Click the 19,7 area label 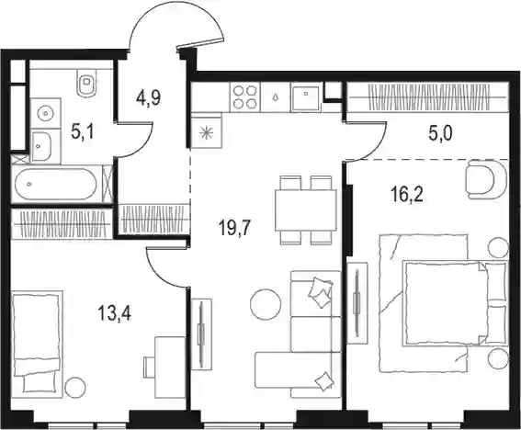[234, 228]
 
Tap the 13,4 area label [115, 313]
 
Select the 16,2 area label [407, 195]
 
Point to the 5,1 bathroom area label [83, 132]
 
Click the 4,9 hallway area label [148, 98]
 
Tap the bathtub [56, 184]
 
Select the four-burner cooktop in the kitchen [245, 97]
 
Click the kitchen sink [306, 96]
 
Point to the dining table [306, 210]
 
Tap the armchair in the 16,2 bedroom [486, 179]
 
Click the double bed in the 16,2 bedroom [455, 303]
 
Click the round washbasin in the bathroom [45, 114]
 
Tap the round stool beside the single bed [75, 387]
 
